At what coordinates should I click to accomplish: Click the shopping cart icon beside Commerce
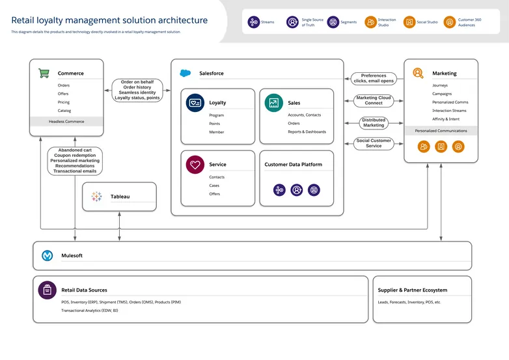[44, 73]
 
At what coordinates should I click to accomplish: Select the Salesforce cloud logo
[186, 73]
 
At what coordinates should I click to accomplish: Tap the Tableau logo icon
[97, 196]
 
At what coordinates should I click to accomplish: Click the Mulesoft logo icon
[48, 256]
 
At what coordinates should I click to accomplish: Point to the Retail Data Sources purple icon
[47, 290]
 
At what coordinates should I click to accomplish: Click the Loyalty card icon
[195, 102]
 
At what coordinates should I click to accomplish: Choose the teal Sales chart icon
[274, 102]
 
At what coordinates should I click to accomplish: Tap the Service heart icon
[195, 165]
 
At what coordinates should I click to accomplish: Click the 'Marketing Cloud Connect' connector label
[374, 100]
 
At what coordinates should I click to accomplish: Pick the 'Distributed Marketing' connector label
[374, 122]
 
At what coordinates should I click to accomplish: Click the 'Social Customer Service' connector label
[374, 143]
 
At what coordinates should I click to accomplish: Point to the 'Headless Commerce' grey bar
[66, 121]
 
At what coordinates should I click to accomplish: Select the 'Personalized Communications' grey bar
[441, 131]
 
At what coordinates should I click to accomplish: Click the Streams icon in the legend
[254, 22]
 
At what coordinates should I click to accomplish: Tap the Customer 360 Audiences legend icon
[450, 22]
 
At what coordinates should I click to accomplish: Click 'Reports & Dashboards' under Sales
[307, 132]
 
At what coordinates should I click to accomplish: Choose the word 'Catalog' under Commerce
[64, 111]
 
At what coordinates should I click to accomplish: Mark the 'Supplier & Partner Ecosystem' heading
[413, 290]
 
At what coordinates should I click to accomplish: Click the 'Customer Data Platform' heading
[293, 165]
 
